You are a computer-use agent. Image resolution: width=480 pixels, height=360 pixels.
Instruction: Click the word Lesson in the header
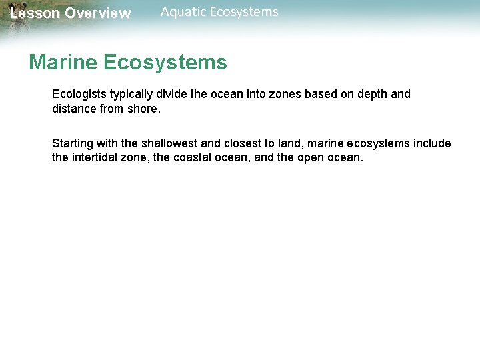pyautogui.click(x=35, y=13)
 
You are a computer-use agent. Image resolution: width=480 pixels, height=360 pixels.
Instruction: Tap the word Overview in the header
pyautogui.click(x=98, y=13)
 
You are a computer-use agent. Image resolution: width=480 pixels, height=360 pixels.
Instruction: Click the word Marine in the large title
pyautogui.click(x=63, y=63)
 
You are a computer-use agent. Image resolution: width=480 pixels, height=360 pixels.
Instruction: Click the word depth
pyautogui.click(x=371, y=95)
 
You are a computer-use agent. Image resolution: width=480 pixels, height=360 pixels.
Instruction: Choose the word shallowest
pyautogui.click(x=169, y=144)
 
